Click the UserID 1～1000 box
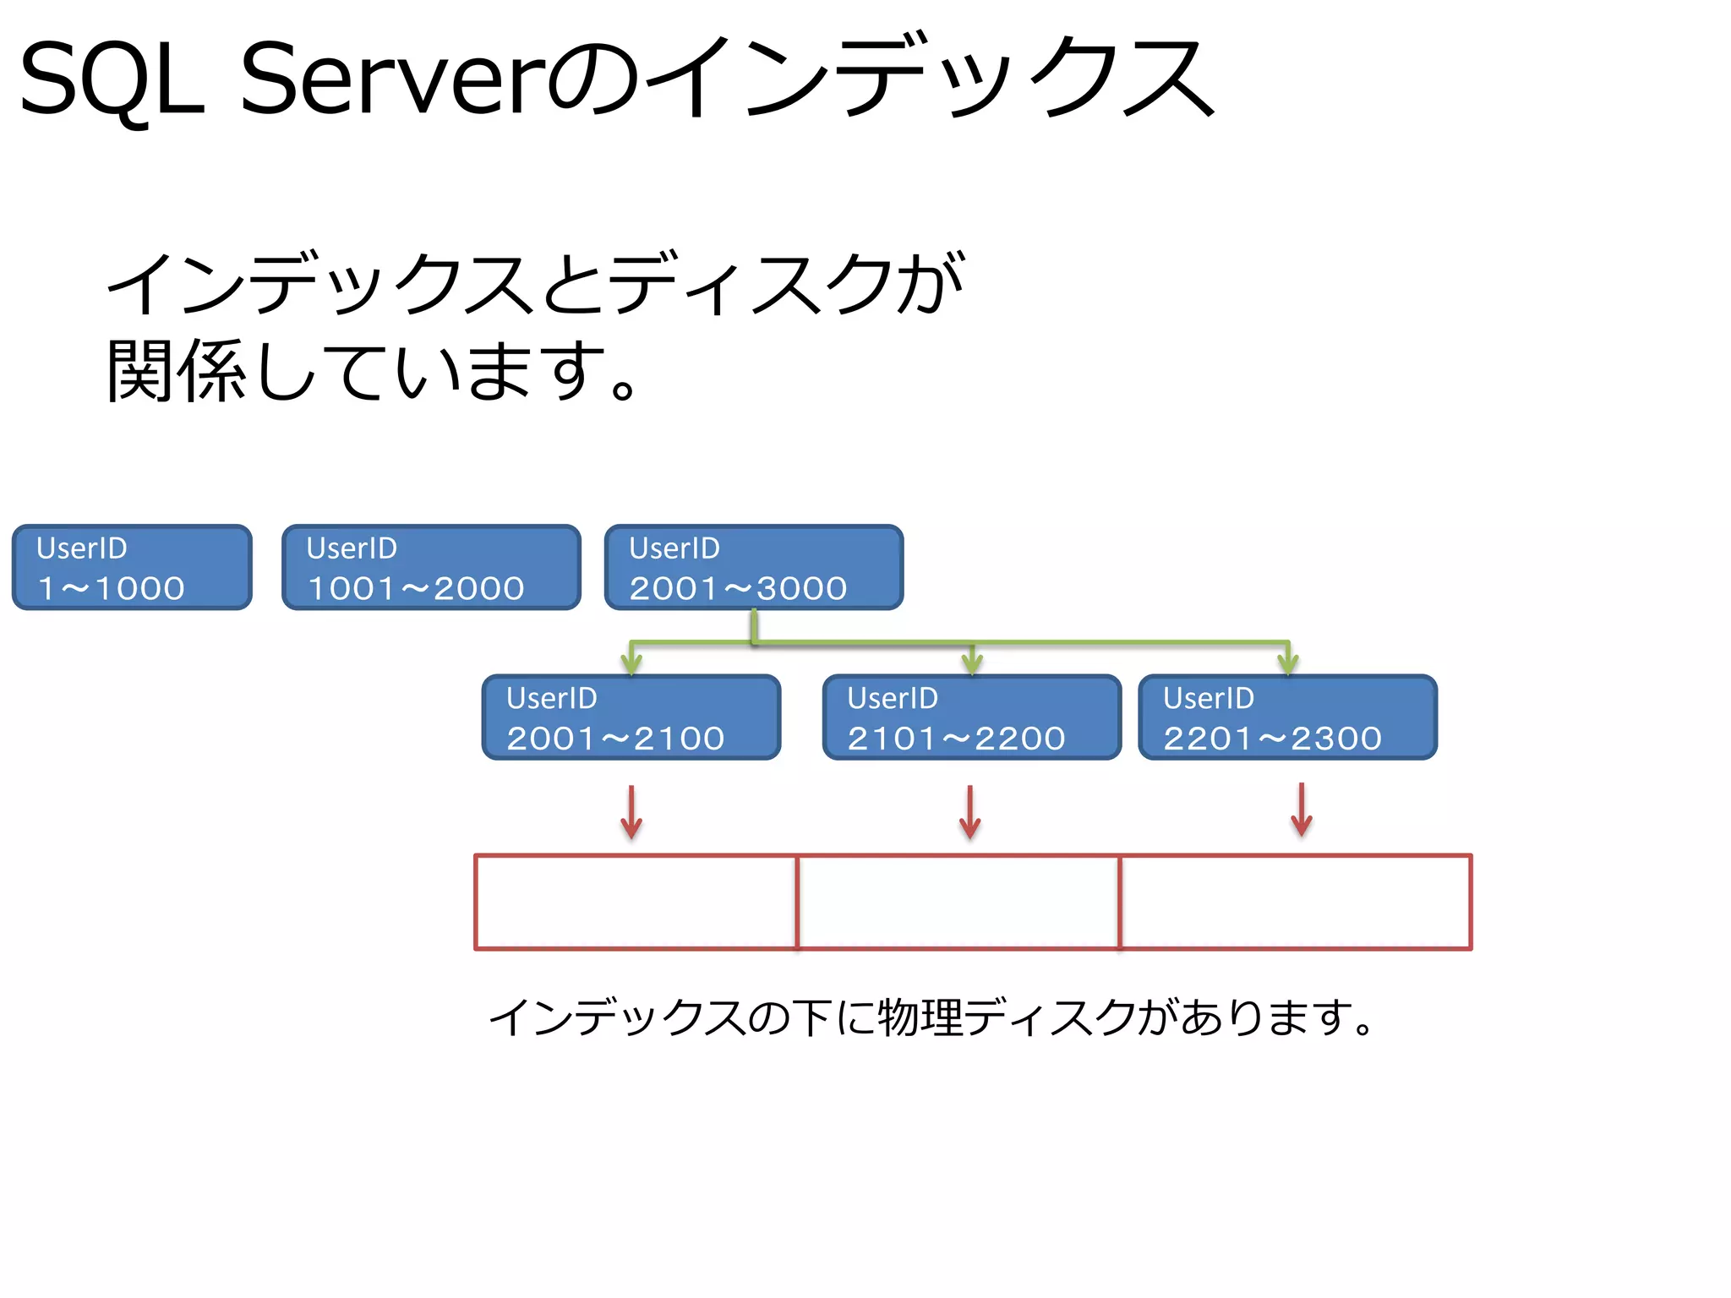132,567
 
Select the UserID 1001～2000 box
431,567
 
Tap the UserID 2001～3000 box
754,567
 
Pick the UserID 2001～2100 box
631,717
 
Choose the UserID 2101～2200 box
972,717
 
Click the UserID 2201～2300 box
1287,717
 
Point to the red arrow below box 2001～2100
631,812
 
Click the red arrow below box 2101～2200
970,812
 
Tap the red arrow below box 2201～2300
1302,810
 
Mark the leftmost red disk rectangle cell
636,902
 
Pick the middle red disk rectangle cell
958,902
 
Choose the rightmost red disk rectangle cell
1295,902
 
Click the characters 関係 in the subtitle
176,370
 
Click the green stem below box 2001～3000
755,626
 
